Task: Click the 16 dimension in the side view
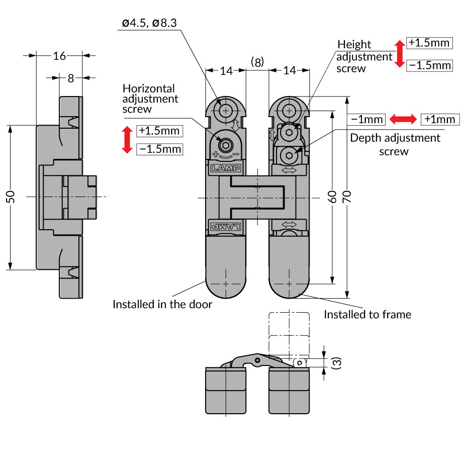tap(59, 56)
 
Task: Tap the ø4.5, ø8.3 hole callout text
tap(149, 23)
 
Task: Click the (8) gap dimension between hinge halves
tap(257, 62)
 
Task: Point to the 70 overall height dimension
tap(347, 197)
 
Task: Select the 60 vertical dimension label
tap(332, 197)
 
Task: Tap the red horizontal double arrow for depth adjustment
tap(403, 119)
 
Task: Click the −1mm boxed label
tap(367, 119)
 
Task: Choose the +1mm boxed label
tap(440, 119)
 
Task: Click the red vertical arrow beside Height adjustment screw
tap(400, 54)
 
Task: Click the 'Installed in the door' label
tap(162, 304)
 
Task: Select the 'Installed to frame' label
tap(367, 315)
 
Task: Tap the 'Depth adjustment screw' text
tap(395, 144)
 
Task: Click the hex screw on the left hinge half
tap(226, 146)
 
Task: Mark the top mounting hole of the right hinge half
tap(289, 110)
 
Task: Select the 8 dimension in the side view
tap(71, 78)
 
